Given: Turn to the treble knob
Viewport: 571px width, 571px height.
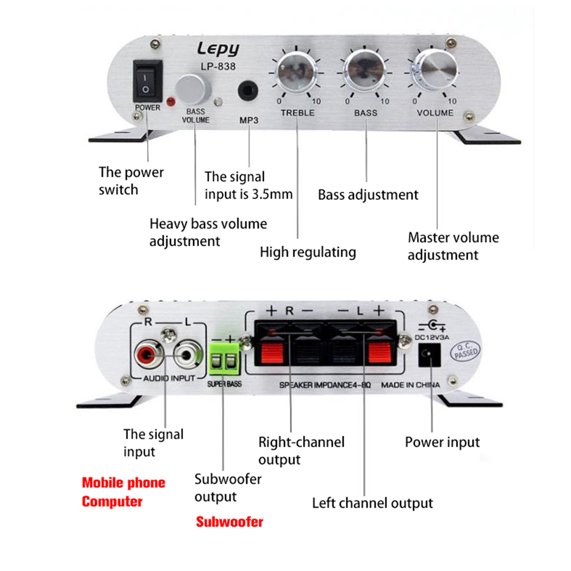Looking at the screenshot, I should coord(296,72).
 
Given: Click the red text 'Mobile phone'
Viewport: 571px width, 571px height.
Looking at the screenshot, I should coord(124,483).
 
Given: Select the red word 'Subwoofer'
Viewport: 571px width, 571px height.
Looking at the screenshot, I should coord(230,521).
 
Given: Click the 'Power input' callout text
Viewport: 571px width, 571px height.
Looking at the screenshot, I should coord(442,442).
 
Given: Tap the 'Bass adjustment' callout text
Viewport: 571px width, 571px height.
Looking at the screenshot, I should coord(368,195).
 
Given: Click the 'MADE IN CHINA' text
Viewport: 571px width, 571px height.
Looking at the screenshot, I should coord(410,386).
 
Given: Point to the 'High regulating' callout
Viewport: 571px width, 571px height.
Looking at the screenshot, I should coord(308,252).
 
